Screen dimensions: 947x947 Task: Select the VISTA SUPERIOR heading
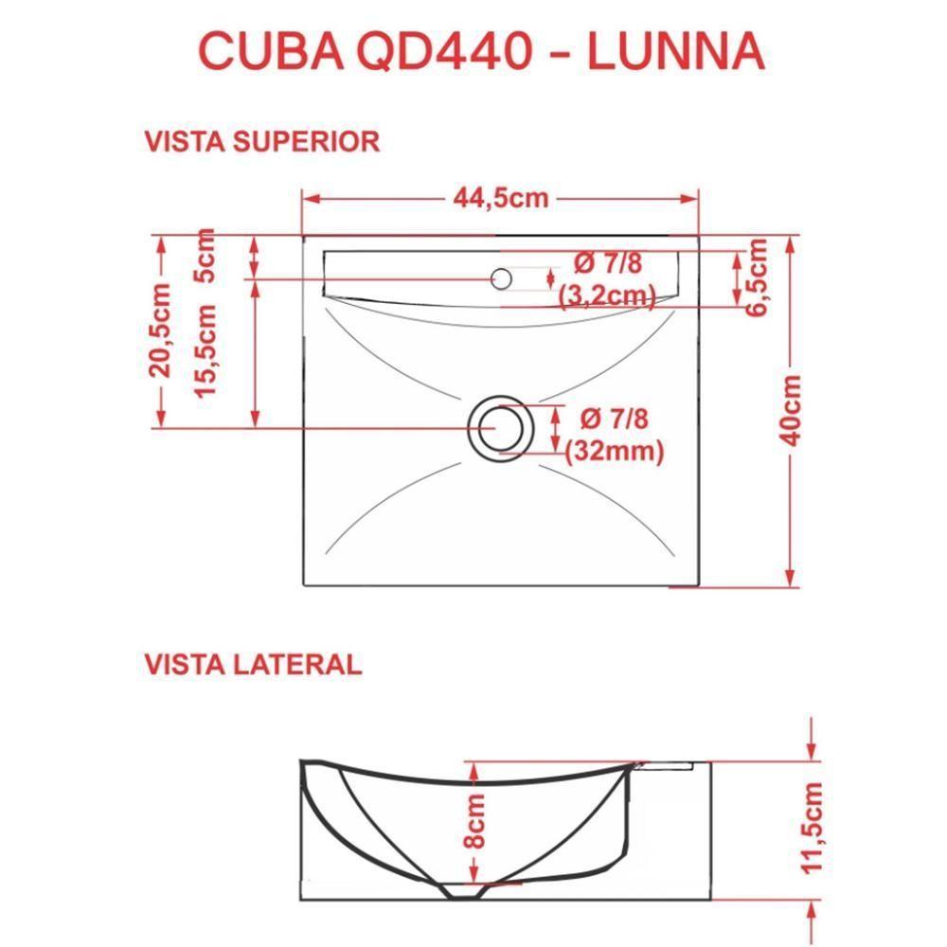point(261,141)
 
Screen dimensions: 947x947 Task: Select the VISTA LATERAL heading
point(253,664)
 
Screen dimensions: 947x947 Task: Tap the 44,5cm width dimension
point(501,198)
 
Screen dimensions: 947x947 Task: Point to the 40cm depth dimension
point(792,409)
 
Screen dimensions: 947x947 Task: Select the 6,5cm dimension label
point(758,277)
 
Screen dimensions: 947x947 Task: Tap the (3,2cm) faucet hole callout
point(607,296)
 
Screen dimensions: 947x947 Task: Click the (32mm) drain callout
point(613,453)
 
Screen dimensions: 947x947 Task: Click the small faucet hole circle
point(502,278)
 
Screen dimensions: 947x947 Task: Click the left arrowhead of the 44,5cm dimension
point(308,198)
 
